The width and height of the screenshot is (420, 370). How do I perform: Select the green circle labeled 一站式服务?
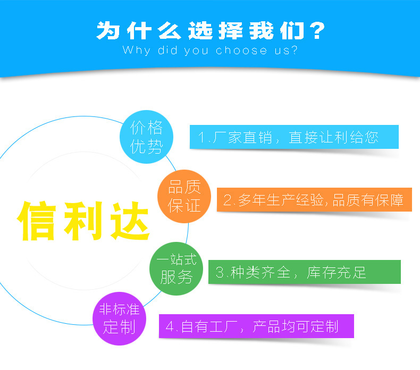tap(176, 268)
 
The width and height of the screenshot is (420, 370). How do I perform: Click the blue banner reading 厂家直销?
tap(294, 137)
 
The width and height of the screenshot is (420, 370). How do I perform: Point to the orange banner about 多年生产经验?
tap(314, 200)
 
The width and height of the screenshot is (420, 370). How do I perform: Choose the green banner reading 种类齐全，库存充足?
tap(304, 272)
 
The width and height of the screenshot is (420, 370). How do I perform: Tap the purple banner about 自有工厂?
tap(256, 326)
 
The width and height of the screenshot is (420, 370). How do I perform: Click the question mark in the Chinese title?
tap(316, 31)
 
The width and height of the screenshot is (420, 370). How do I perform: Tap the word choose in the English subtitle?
tap(241, 51)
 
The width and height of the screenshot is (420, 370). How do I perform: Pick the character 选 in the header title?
tap(198, 31)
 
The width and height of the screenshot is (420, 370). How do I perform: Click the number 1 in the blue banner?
tap(202, 138)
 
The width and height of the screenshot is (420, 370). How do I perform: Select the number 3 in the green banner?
tap(220, 273)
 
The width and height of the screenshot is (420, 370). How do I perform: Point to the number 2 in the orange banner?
tap(228, 200)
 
